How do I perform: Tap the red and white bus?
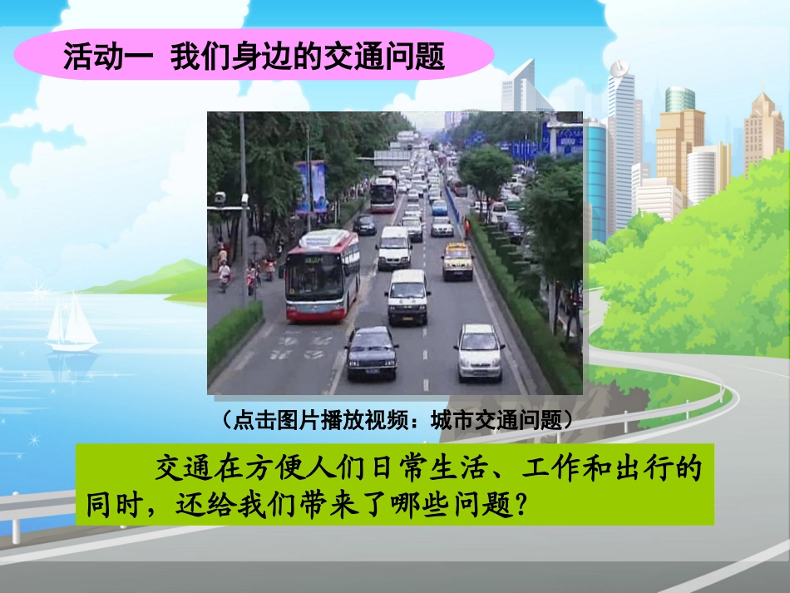[x=323, y=274]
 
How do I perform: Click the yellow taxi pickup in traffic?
[x=457, y=260]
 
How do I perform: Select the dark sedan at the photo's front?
[x=372, y=352]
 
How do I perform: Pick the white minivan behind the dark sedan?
[x=407, y=295]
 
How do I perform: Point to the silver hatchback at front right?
[x=479, y=351]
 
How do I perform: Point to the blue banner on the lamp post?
[x=312, y=186]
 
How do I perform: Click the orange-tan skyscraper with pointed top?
[x=763, y=133]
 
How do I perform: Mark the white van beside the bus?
[x=394, y=247]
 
